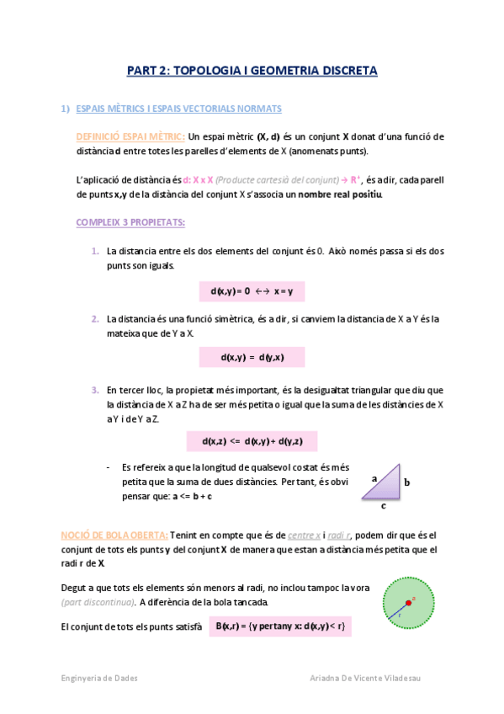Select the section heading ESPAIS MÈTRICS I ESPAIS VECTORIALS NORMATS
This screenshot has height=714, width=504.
[x=178, y=109]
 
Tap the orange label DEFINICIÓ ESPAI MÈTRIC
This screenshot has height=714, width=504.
[x=130, y=136]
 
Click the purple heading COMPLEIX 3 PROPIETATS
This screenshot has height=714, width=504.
[x=130, y=222]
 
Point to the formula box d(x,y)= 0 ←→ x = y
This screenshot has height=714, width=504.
[x=252, y=291]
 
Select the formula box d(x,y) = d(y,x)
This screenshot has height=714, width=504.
[x=252, y=357]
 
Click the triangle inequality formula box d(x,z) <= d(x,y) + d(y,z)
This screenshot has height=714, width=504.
[x=252, y=441]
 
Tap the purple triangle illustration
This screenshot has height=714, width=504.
[x=385, y=482]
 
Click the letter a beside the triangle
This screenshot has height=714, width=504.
[x=374, y=478]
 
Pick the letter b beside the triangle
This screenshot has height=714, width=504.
[x=406, y=483]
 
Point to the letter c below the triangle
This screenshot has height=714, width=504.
[x=384, y=506]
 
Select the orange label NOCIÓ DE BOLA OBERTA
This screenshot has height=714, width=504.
[x=114, y=535]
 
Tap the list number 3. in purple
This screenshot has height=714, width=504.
[x=95, y=390]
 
